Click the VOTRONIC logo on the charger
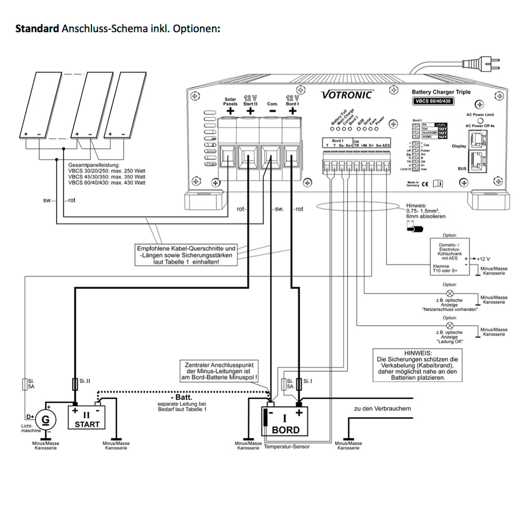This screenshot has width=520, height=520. [347, 95]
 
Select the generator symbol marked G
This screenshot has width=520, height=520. [45, 420]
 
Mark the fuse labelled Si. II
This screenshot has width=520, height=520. [75, 384]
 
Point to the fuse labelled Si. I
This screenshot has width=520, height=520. [299, 384]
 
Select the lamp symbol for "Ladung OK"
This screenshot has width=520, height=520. [450, 326]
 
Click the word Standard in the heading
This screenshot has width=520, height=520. [37, 29]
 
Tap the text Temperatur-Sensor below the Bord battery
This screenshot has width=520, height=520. [287, 446]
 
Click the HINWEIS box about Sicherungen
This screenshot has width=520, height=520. [417, 365]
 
